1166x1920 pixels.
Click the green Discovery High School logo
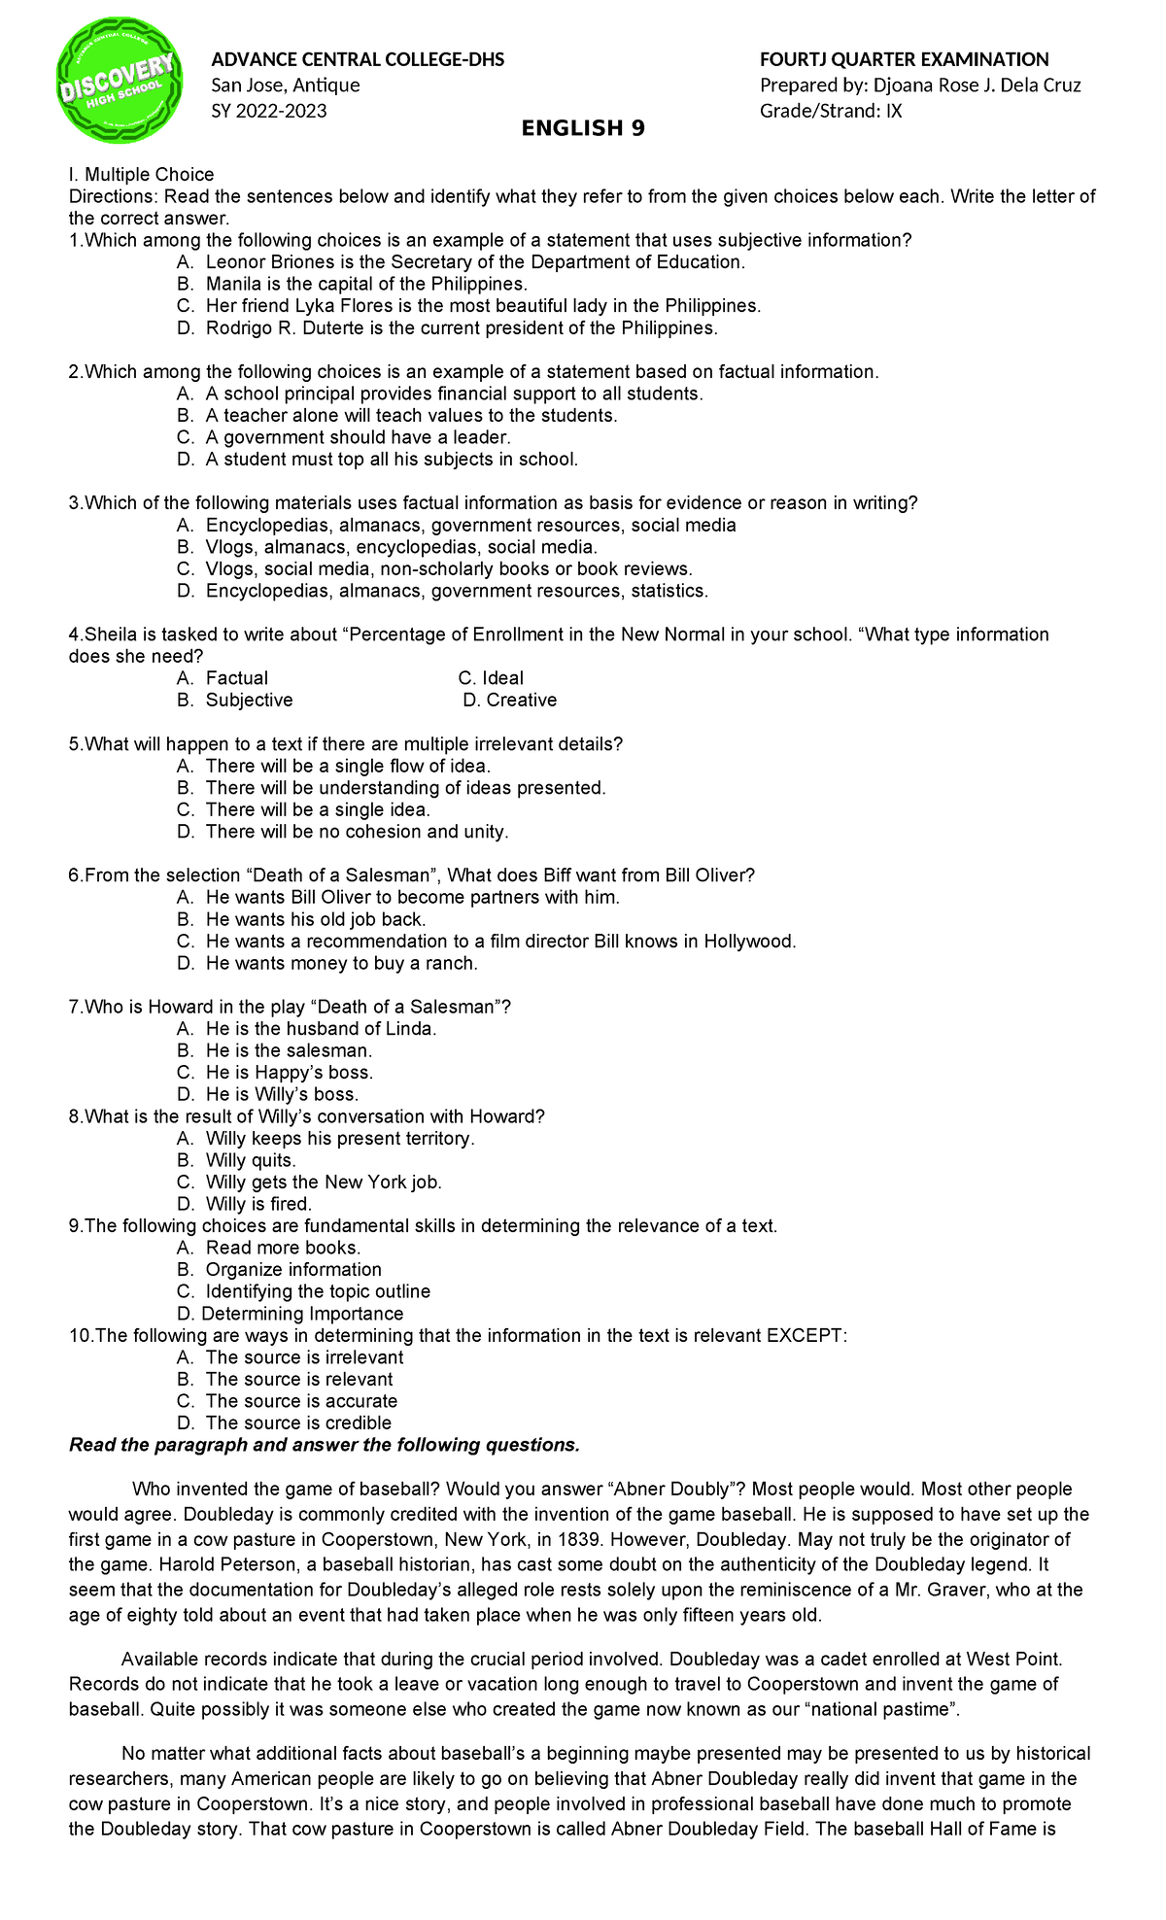(x=120, y=81)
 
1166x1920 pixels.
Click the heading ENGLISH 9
(x=583, y=128)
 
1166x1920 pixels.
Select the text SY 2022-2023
(x=269, y=111)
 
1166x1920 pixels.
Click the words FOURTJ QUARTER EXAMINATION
(x=904, y=59)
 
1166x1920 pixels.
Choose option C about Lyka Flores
(x=483, y=306)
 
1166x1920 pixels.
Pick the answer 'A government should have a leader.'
(x=358, y=438)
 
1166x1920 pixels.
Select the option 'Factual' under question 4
(x=236, y=678)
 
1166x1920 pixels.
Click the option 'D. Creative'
(x=510, y=701)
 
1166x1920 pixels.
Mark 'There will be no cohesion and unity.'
(x=357, y=832)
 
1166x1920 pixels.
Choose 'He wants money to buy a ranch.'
(x=341, y=964)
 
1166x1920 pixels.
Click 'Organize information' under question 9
(x=293, y=1270)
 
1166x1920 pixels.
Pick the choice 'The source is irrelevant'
(x=304, y=1357)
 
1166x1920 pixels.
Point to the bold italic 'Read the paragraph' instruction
(x=325, y=1446)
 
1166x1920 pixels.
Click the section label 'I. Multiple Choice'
(x=141, y=175)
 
